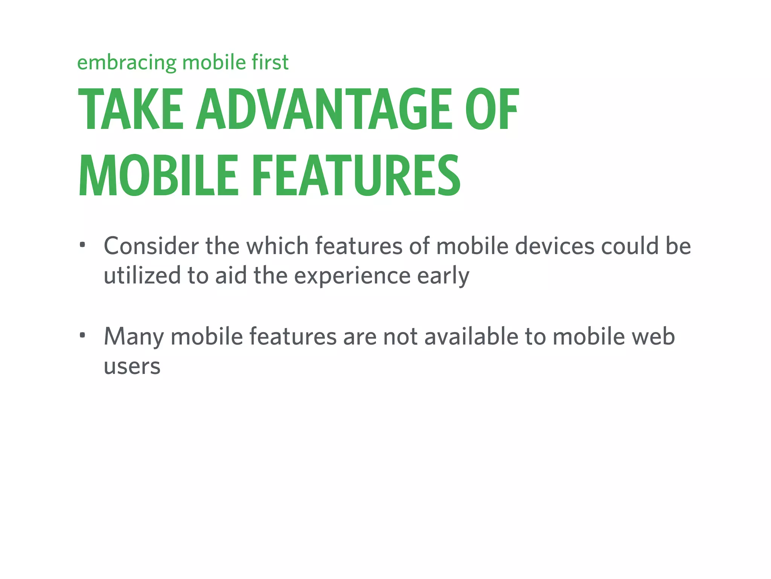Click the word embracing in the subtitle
[127, 63]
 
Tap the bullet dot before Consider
[82, 245]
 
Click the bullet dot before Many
[82, 335]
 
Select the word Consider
[151, 246]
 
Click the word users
[132, 366]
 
